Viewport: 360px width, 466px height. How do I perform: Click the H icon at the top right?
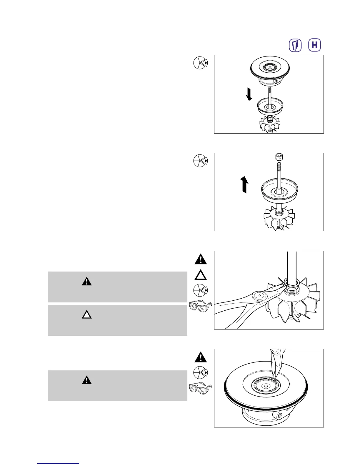pos(314,45)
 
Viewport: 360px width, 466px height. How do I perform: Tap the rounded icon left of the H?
pos(296,45)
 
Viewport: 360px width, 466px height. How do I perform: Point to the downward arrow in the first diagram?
pos(249,94)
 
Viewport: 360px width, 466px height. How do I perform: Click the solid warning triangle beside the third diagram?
pos(201,259)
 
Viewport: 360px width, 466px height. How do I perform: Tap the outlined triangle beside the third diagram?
pos(201,275)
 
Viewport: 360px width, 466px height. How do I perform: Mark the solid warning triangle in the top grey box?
pos(86,282)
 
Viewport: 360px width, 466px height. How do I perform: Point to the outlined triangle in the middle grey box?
pos(86,315)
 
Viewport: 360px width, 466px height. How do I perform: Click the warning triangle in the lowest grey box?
pos(86,380)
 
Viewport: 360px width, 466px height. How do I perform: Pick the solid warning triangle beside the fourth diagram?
pos(201,357)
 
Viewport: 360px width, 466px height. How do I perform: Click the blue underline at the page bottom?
pos(58,463)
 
